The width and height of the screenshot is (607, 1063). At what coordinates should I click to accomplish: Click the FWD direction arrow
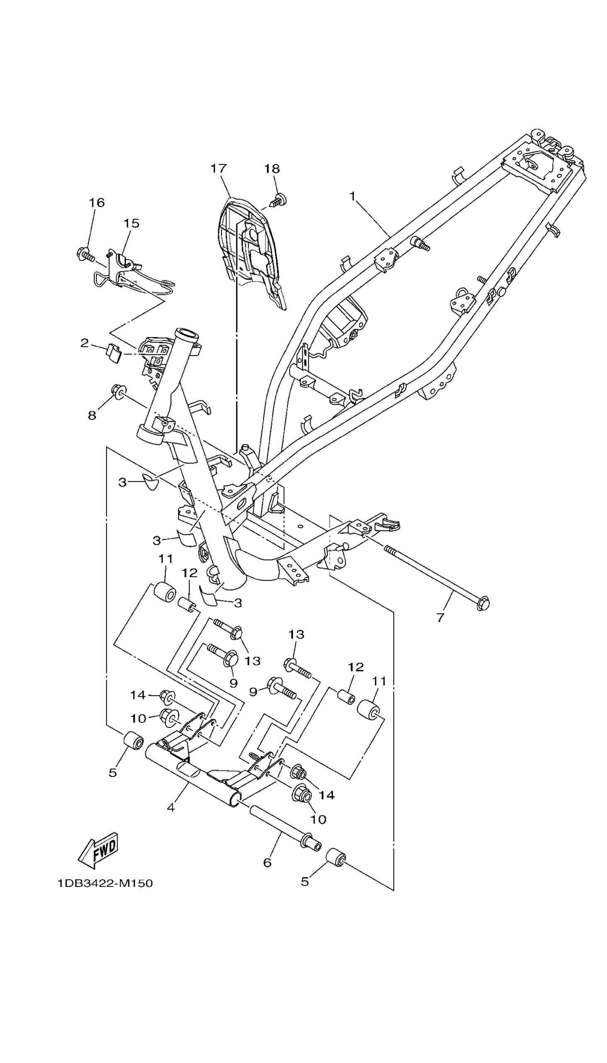[x=98, y=847]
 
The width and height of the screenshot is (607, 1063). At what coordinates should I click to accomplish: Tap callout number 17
[x=219, y=169]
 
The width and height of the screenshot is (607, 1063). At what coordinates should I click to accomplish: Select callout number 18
[x=272, y=169]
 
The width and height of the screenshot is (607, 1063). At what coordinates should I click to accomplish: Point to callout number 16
[x=96, y=203]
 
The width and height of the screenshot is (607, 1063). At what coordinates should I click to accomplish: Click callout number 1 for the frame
[x=353, y=196]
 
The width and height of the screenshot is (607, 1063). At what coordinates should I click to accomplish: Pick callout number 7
[x=441, y=617]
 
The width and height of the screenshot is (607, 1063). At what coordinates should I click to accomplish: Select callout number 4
[x=171, y=808]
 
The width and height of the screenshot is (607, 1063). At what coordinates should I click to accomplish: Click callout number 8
[x=92, y=415]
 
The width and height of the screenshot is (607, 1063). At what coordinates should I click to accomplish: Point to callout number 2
[x=85, y=343]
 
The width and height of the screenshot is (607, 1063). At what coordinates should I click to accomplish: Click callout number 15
[x=132, y=223]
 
